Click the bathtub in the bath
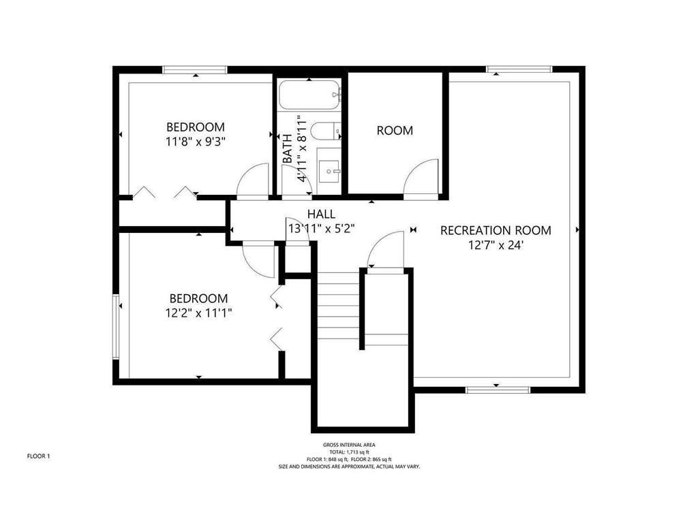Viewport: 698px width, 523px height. tap(310, 95)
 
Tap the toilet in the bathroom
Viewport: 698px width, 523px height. tap(325, 131)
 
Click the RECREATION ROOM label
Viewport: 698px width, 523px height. tap(496, 230)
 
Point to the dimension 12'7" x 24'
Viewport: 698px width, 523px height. tap(495, 245)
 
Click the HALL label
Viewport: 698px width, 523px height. tap(322, 215)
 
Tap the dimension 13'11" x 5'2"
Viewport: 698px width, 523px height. tap(322, 229)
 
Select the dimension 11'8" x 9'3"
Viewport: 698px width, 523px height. tap(196, 142)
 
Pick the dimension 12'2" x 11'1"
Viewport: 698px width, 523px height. tap(198, 313)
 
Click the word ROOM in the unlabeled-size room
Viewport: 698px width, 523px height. tap(395, 131)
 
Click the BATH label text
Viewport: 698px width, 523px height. tap(288, 148)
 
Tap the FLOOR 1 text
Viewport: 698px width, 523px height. tap(39, 456)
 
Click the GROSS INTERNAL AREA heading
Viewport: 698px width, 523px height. tap(349, 445)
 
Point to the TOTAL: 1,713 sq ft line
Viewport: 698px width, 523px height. tap(349, 452)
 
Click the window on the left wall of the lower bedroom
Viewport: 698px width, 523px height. tap(116, 326)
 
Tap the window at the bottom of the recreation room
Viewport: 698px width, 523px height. tap(498, 390)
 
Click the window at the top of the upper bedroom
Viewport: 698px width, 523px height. tap(195, 70)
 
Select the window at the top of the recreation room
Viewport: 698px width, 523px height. tap(519, 69)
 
